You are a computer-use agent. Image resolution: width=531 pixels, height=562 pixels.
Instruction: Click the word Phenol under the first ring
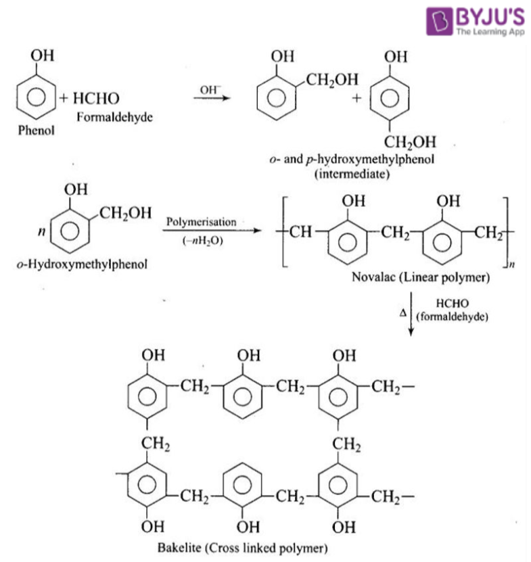pos(35,130)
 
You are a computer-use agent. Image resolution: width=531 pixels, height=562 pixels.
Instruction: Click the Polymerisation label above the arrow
pos(202,222)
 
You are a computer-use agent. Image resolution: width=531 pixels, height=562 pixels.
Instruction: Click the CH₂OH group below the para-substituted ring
pos(411,141)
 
